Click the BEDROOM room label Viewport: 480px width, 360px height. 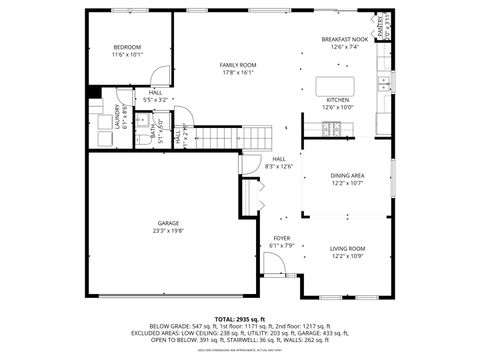point(127,47)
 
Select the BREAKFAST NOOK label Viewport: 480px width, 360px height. point(344,39)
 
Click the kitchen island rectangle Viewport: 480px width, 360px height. point(338,86)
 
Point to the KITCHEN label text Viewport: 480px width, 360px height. point(338,100)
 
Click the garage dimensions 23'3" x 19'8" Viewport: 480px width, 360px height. point(168,230)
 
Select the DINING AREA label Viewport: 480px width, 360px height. point(348,175)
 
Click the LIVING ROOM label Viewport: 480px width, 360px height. point(348,248)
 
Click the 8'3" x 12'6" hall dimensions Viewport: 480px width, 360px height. point(280,166)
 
